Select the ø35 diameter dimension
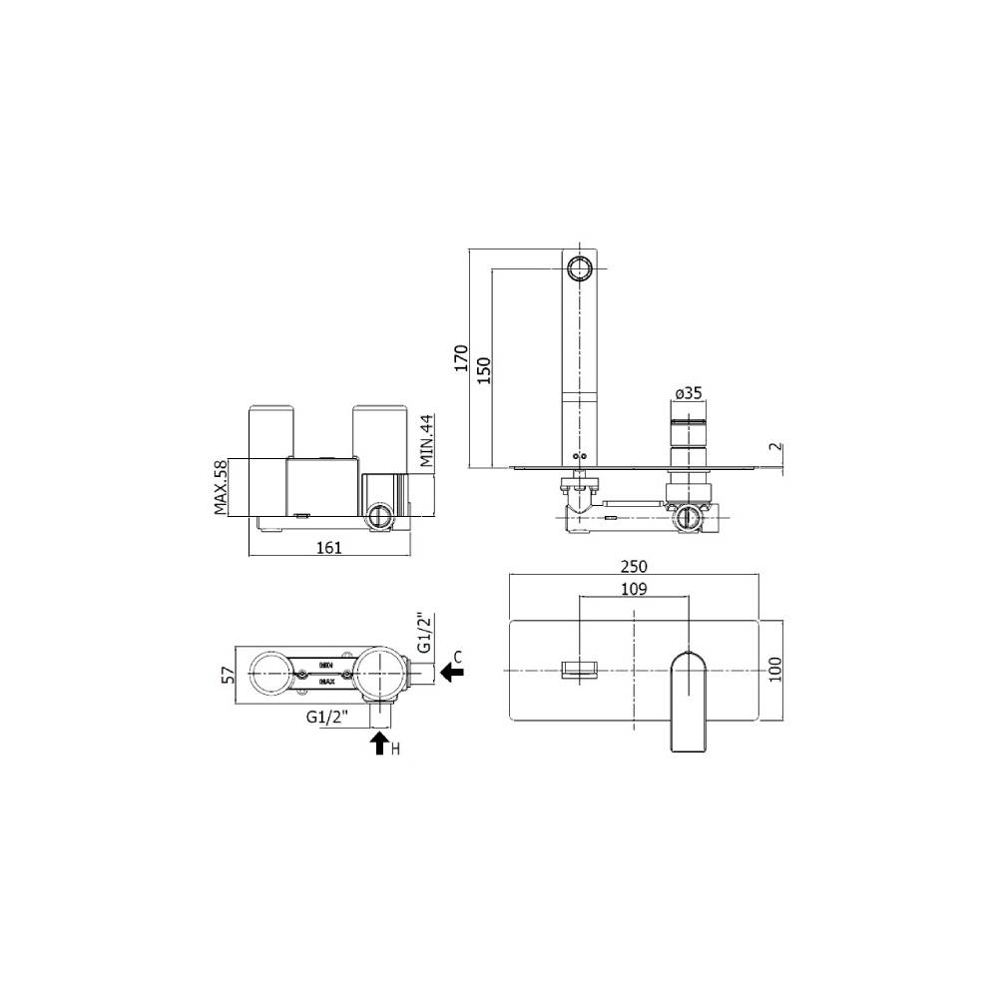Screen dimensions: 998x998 690,394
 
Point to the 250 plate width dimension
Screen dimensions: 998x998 634,564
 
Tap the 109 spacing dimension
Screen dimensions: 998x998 634,589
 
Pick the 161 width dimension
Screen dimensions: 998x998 329,547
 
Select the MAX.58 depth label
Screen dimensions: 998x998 222,487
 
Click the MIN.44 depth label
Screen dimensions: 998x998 427,441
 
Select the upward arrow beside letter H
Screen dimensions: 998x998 379,743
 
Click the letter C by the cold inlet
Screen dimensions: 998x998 456,656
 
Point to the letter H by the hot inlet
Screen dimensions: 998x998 397,749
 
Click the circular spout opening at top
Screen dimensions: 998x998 578,267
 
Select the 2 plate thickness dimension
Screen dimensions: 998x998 777,448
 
